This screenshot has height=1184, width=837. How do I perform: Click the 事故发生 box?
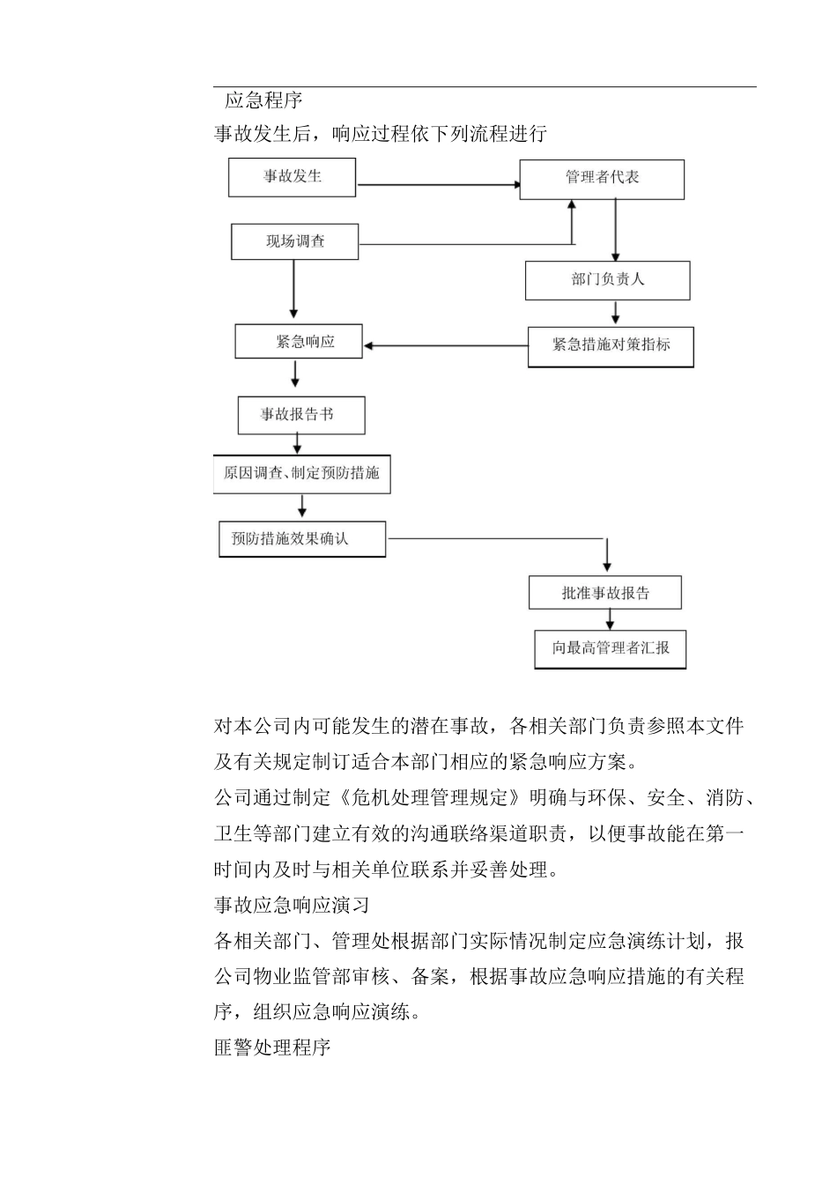(x=292, y=177)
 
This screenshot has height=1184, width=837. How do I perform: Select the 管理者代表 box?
(x=602, y=179)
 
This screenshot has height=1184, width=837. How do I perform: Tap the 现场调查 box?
(x=294, y=241)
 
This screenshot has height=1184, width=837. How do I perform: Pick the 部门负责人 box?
(x=607, y=280)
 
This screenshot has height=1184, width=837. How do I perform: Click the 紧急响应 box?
(x=299, y=341)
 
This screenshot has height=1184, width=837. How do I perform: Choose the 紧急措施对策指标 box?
(x=611, y=346)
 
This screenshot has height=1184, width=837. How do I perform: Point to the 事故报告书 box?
(x=300, y=415)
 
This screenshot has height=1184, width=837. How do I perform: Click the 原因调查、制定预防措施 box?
(x=301, y=473)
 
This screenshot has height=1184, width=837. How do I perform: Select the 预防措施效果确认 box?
(x=301, y=538)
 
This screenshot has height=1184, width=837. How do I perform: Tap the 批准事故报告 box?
(x=604, y=593)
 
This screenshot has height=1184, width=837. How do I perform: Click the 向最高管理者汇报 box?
(x=610, y=648)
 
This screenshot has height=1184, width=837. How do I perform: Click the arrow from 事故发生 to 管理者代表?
(x=437, y=185)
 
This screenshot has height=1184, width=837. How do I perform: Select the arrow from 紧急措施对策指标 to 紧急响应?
(x=445, y=345)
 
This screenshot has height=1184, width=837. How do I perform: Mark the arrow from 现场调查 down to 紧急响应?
(x=293, y=289)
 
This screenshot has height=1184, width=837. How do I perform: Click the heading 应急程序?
(x=263, y=100)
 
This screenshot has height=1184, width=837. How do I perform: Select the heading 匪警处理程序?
(x=272, y=1048)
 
